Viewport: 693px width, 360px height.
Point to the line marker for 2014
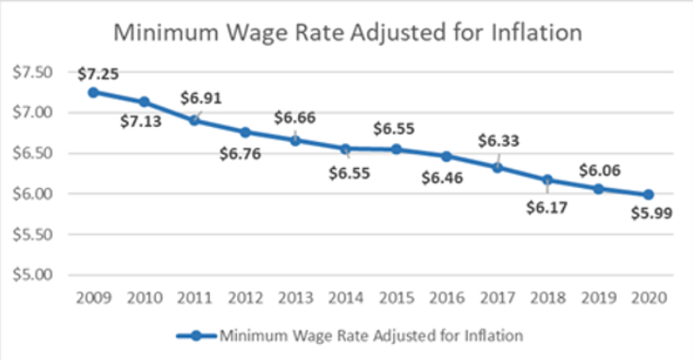click(346, 149)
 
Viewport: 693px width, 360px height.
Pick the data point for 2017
click(498, 167)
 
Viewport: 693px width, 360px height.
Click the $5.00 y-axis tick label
click(41, 275)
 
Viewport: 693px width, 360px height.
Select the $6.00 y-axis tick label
click(41, 195)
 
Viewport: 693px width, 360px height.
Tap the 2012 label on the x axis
click(245, 298)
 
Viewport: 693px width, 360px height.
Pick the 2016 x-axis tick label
click(448, 298)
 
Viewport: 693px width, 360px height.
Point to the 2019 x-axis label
click(600, 298)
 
